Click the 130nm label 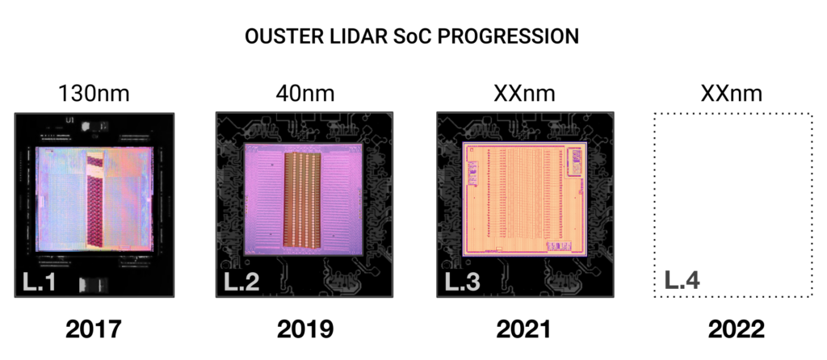click(94, 94)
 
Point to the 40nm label click(304, 94)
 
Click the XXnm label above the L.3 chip click(524, 94)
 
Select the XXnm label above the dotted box click(732, 94)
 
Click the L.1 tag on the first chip click(39, 282)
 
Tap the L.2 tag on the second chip click(241, 282)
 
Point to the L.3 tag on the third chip click(463, 282)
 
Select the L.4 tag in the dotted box click(682, 281)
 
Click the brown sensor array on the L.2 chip click(302, 200)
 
